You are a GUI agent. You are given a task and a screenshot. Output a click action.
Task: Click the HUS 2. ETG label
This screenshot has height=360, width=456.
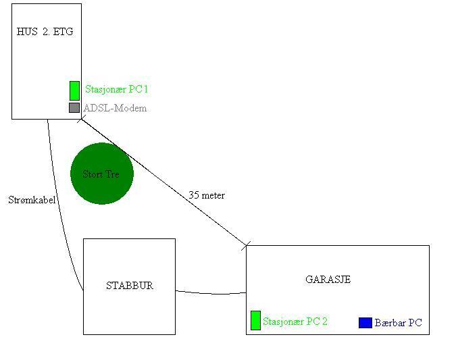coord(45,31)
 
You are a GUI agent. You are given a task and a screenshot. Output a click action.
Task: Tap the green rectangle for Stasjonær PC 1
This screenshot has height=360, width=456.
coord(75,91)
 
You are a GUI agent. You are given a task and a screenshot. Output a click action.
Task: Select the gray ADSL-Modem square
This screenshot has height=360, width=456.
coord(74,107)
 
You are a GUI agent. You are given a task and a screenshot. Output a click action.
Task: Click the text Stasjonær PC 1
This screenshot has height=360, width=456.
coord(116,89)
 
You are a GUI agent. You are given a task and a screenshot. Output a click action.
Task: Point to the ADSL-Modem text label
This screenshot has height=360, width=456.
coord(115,108)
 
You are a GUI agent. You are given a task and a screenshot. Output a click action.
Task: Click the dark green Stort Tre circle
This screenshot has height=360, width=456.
coord(102,174)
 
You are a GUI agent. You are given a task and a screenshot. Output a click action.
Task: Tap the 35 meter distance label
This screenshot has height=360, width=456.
coord(207,195)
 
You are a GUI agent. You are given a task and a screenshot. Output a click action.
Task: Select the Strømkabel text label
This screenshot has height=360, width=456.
coord(32,200)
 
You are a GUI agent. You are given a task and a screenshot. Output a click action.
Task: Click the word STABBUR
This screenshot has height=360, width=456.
coord(130,286)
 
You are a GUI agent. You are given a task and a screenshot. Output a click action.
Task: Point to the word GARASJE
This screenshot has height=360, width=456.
coord(328,280)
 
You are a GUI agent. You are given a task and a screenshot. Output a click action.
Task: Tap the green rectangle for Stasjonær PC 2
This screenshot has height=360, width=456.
coord(255,320)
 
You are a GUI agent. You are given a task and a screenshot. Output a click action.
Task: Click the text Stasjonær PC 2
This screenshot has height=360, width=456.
coord(295,322)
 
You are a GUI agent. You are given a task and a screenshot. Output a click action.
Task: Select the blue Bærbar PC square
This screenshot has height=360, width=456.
coord(365,322)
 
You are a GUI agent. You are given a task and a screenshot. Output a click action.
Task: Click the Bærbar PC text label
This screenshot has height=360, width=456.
coord(398,322)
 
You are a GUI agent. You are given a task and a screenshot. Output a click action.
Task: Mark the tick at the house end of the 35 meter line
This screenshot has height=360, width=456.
coord(82,119)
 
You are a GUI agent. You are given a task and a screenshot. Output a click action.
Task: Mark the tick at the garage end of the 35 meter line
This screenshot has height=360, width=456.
coord(246,246)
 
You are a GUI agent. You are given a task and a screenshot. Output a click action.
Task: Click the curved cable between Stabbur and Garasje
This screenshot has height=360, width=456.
coord(211,293)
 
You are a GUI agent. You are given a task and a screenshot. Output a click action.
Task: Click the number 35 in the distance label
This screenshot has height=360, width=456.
coord(194,195)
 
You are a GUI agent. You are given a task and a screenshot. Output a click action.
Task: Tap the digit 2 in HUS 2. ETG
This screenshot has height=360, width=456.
coord(46,31)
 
